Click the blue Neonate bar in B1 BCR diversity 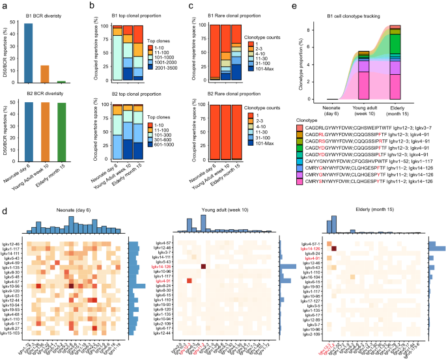[x=29, y=53]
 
